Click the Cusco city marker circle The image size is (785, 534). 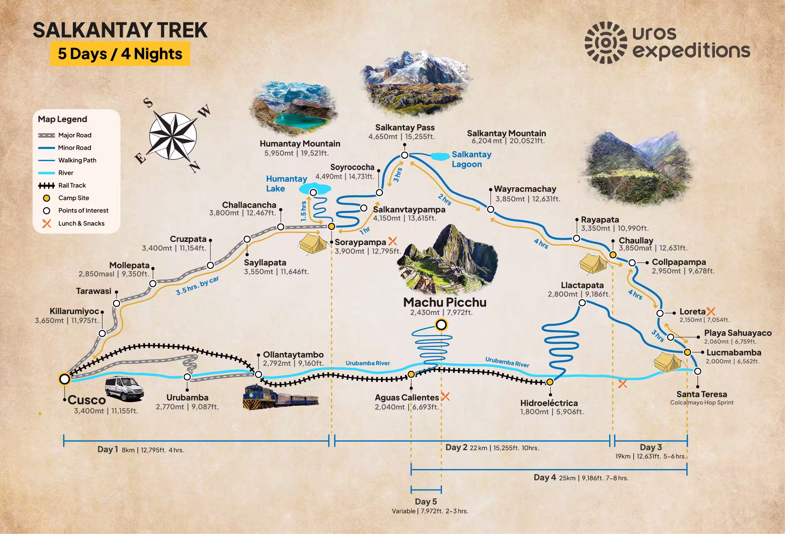click(64, 379)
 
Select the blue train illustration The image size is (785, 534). click(280, 397)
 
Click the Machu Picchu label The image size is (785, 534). click(445, 302)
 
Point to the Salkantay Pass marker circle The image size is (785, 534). click(404, 155)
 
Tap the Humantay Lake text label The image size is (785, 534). click(286, 184)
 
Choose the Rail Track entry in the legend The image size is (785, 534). click(72, 185)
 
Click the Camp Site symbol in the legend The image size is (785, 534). click(46, 198)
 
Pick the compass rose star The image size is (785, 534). click(173, 136)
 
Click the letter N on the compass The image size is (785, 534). click(195, 166)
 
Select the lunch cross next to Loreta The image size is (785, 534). click(711, 311)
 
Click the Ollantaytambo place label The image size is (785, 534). click(293, 355)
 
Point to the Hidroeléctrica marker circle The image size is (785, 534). click(549, 382)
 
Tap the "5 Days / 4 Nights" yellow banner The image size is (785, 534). click(120, 54)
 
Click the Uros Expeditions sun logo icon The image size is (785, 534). click(606, 43)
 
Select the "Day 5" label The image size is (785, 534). click(425, 502)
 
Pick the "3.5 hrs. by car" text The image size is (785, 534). click(197, 286)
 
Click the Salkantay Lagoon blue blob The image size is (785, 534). click(440, 156)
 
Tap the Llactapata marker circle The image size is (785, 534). click(582, 303)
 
